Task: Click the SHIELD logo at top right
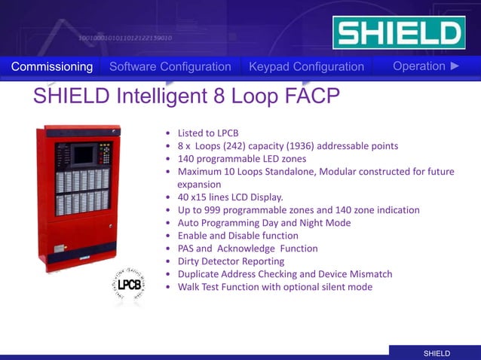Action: tap(399, 33)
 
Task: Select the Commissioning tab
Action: tap(52, 67)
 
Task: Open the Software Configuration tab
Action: tap(170, 67)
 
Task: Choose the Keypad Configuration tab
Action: tap(306, 67)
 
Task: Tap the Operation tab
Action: tap(419, 66)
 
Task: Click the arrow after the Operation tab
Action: tap(455, 66)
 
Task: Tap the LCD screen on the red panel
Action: tap(84, 154)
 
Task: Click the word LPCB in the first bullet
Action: tap(225, 133)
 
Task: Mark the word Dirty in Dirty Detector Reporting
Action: tap(190, 261)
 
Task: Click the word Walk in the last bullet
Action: tap(189, 287)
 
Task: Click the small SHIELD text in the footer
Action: tap(437, 353)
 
